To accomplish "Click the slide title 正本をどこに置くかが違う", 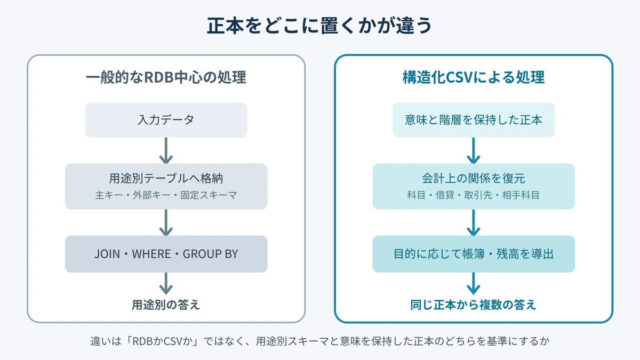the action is (x=319, y=26).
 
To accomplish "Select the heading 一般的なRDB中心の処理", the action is (x=166, y=77).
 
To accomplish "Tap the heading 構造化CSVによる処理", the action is (x=474, y=77).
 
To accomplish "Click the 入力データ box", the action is (x=166, y=120).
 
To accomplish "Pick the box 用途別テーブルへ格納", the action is (x=166, y=186).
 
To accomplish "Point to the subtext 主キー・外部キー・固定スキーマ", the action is (x=166, y=195).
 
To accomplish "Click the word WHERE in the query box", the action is (x=151, y=254).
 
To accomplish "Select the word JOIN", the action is (x=107, y=254).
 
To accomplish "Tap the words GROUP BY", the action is (x=210, y=254).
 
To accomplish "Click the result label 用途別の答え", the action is (x=166, y=305).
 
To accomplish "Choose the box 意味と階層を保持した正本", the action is (x=474, y=120).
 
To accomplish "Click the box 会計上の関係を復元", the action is (x=474, y=186).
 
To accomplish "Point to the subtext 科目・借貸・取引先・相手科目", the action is (x=474, y=195).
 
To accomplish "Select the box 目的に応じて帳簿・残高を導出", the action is (x=474, y=254).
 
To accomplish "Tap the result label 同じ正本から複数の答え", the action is (x=473, y=305).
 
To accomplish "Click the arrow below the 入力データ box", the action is (x=166, y=150).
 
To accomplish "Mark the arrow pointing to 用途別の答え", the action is (x=166, y=283).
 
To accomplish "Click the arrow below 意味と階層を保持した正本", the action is (x=474, y=150).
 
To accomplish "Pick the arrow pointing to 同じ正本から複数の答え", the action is (x=474, y=283).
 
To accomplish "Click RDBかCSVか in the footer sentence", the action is (x=163, y=341).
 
